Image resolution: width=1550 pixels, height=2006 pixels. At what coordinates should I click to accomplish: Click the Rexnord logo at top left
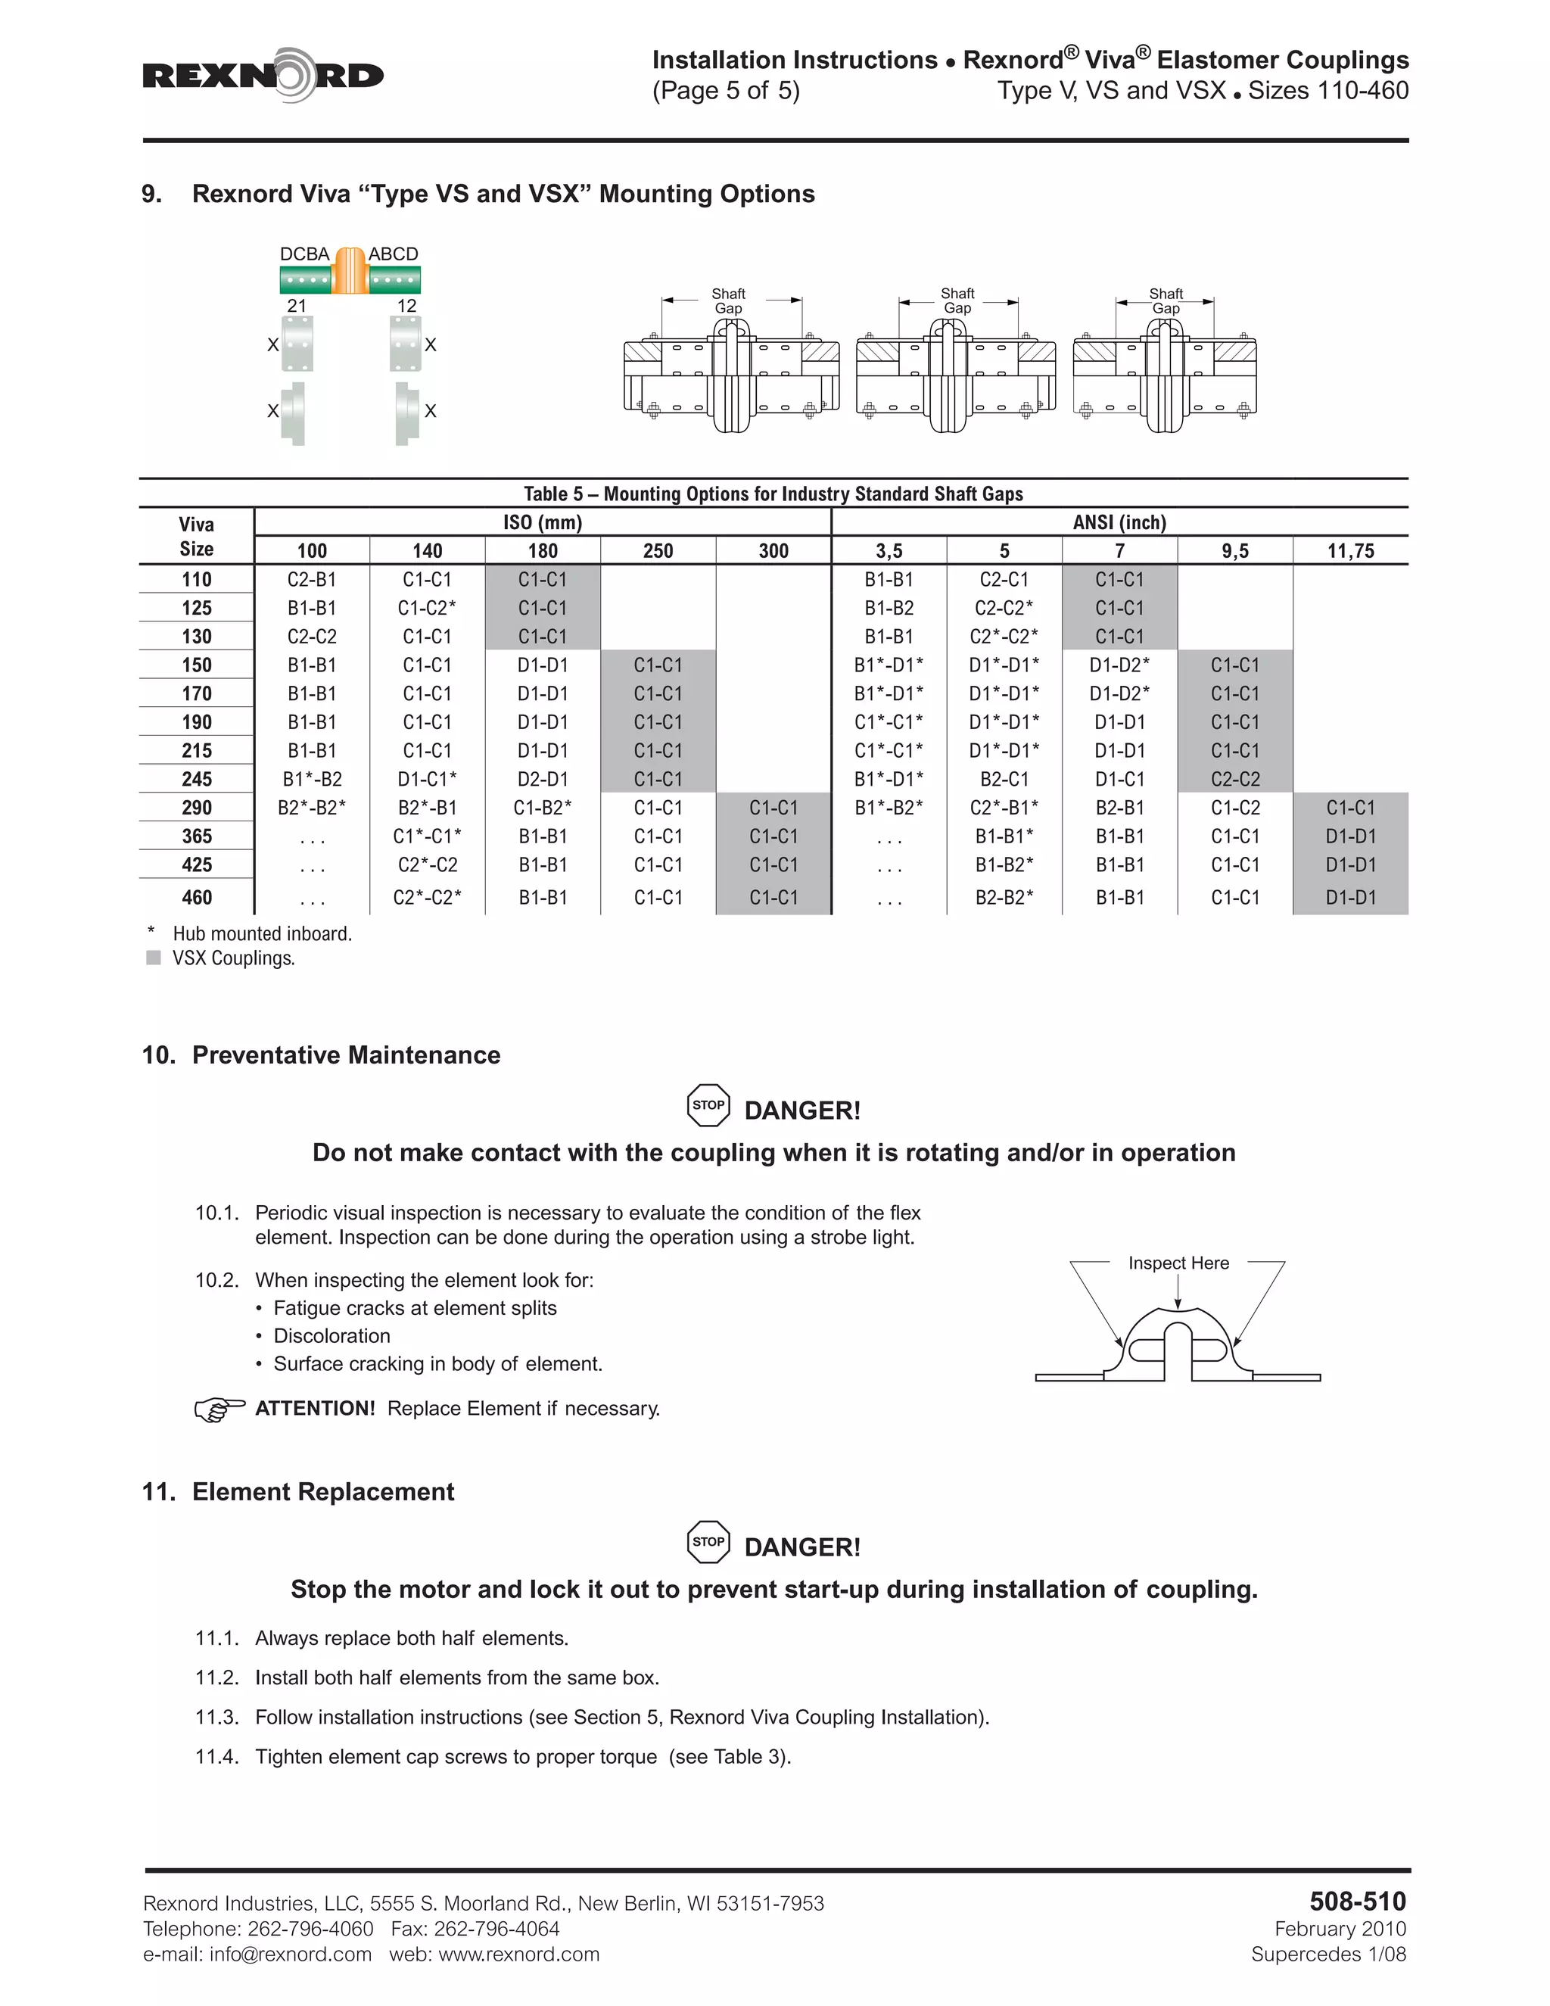point(263,75)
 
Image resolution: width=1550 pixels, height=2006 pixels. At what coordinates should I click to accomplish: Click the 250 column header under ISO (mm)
point(658,551)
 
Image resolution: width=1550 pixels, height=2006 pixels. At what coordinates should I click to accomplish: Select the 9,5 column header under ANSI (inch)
point(1234,551)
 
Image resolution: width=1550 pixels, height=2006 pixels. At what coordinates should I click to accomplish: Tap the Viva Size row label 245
point(197,779)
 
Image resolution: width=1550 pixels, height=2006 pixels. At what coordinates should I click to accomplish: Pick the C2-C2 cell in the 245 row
point(1234,779)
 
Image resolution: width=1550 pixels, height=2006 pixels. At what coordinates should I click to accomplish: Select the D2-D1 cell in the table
point(542,779)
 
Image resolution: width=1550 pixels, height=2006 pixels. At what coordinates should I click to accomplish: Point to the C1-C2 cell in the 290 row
point(1234,808)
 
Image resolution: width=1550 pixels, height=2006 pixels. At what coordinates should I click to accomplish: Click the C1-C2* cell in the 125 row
point(427,608)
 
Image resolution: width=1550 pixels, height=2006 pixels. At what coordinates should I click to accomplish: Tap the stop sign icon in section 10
point(708,1105)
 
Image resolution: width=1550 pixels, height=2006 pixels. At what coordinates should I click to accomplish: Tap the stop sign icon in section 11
point(708,1541)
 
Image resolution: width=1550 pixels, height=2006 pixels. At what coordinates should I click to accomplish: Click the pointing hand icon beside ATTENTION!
point(219,1409)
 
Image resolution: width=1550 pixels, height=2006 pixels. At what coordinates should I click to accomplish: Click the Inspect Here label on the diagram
point(1178,1263)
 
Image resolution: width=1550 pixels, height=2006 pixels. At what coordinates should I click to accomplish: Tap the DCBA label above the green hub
point(304,254)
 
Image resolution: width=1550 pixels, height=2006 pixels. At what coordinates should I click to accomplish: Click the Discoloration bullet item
point(331,1335)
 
